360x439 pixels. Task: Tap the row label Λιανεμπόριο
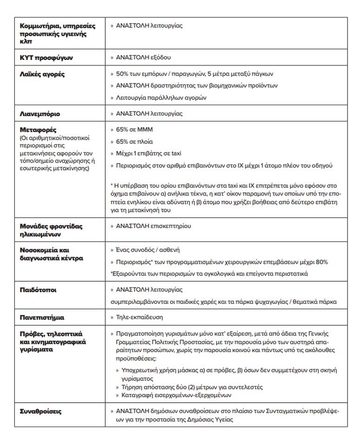pos(40,114)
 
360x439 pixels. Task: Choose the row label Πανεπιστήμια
pos(42,318)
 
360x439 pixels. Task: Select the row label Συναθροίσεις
pos(41,412)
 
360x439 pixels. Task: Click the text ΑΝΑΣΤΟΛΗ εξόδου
pos(143,58)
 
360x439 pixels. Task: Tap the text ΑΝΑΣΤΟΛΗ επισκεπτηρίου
pos(153,226)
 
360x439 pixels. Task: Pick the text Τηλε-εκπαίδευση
pos(139,318)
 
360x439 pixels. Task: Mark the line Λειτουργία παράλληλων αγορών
pos(161,98)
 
